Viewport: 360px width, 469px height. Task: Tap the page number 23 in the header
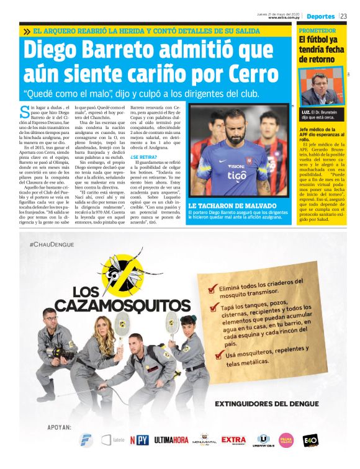(x=343, y=16)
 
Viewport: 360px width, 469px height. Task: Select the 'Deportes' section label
(x=320, y=16)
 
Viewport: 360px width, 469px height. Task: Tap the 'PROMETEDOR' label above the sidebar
(x=317, y=30)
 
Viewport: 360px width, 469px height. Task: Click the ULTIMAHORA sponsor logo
(x=171, y=440)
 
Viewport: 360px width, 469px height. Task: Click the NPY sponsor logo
(x=142, y=440)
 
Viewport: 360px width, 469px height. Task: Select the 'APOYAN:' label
(x=60, y=427)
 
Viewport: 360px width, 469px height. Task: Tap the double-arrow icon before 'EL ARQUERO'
(x=27, y=31)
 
